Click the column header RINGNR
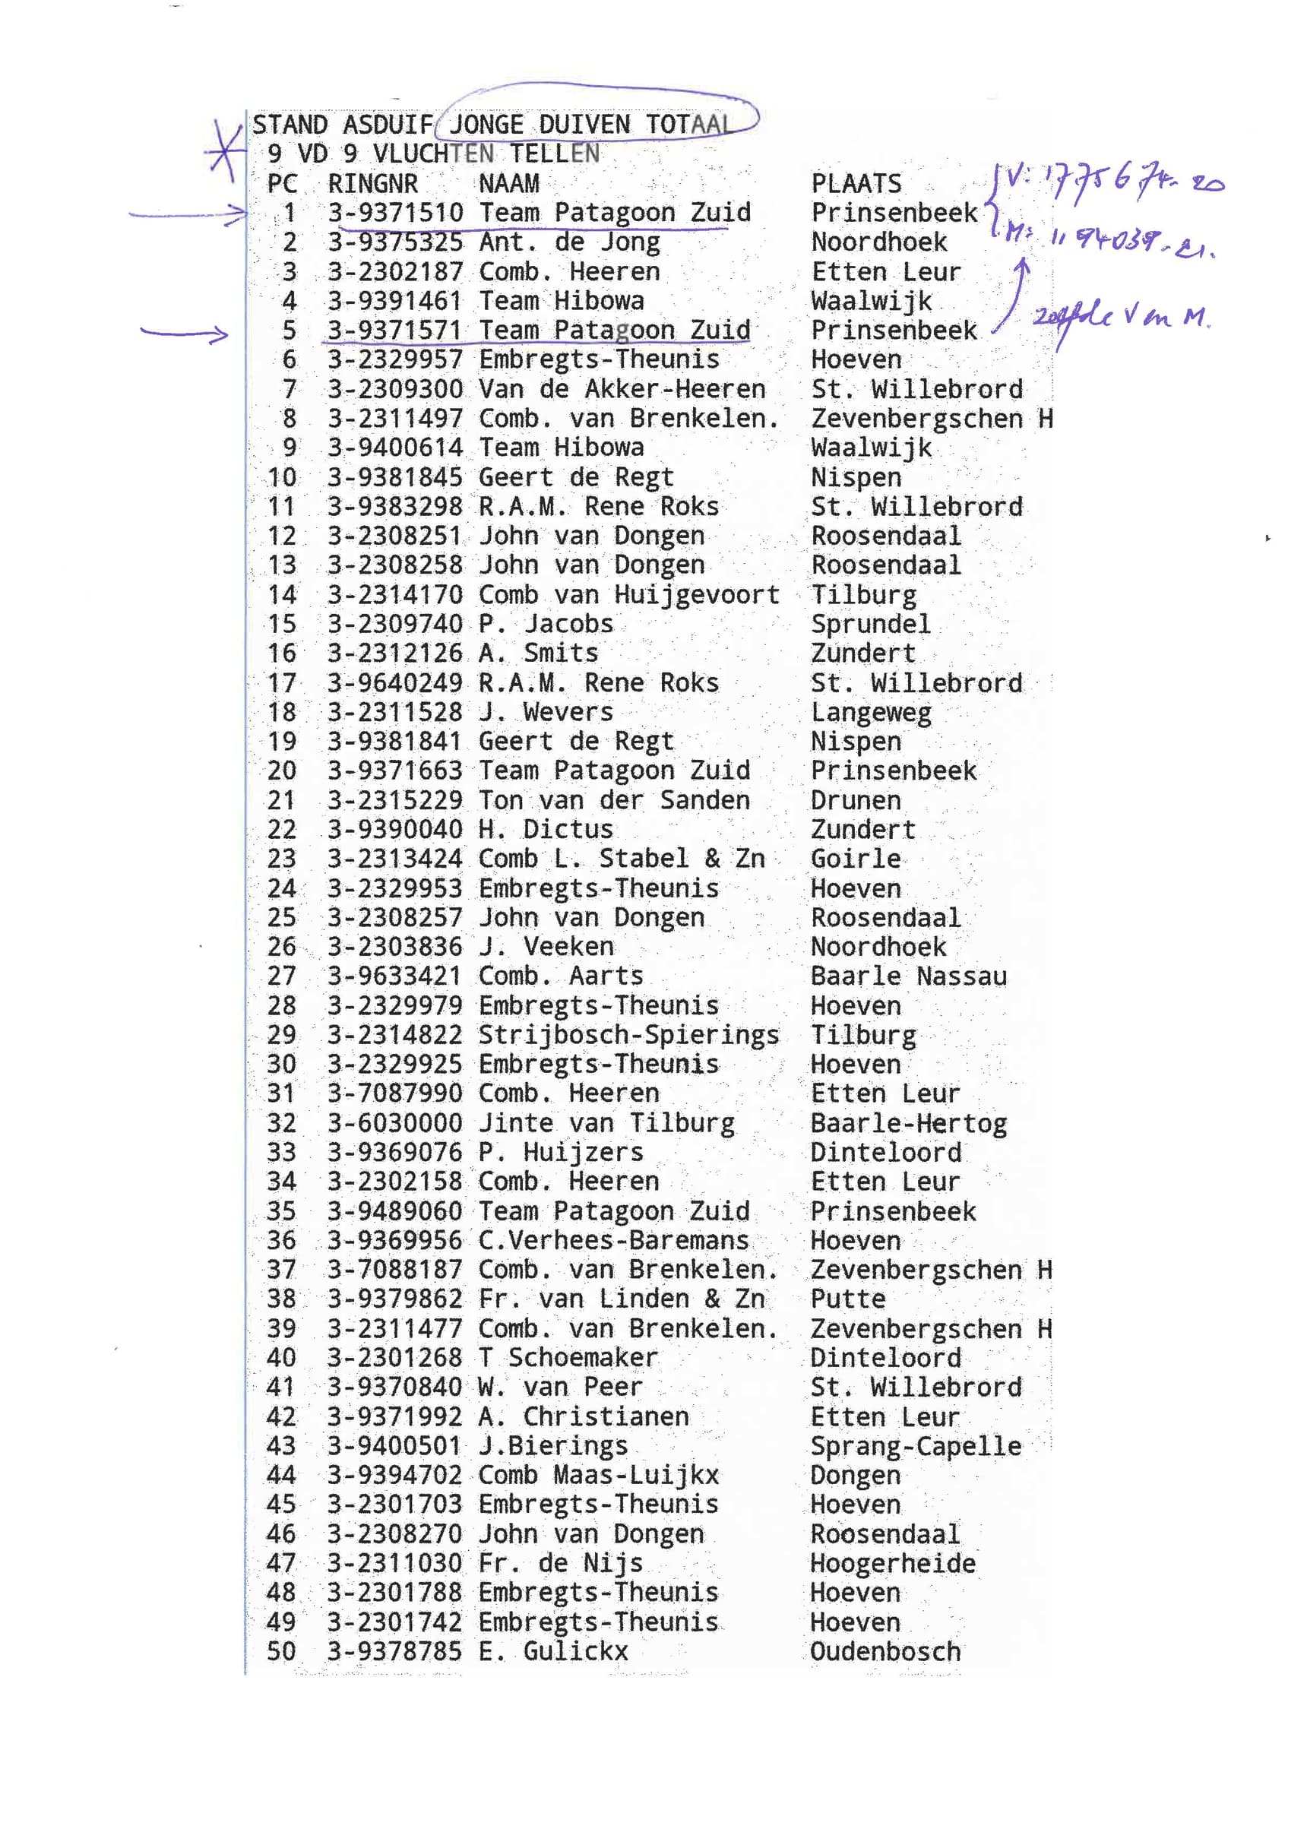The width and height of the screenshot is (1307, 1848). [x=372, y=184]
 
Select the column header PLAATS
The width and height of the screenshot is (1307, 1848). [x=856, y=184]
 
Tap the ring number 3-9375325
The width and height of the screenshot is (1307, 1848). [x=394, y=242]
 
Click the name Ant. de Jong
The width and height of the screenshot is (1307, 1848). [x=569, y=242]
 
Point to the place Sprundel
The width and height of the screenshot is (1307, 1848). [x=870, y=624]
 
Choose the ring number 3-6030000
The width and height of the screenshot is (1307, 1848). [x=394, y=1123]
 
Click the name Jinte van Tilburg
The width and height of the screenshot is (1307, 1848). [x=606, y=1123]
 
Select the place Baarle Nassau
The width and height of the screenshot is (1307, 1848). [x=908, y=976]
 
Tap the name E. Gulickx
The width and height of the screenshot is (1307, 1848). [x=553, y=1652]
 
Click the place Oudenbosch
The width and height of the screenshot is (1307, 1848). [x=885, y=1652]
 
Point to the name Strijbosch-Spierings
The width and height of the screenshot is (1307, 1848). [x=628, y=1035]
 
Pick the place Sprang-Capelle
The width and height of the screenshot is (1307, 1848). [x=915, y=1446]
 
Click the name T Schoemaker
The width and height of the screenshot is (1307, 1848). [x=568, y=1358]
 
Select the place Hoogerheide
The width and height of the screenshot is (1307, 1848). [x=893, y=1563]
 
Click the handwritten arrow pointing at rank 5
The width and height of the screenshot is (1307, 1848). [x=185, y=332]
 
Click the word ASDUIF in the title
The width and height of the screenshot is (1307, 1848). [x=387, y=125]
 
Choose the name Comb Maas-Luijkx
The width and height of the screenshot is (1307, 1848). [x=598, y=1476]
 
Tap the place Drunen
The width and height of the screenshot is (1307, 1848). [x=855, y=800]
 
